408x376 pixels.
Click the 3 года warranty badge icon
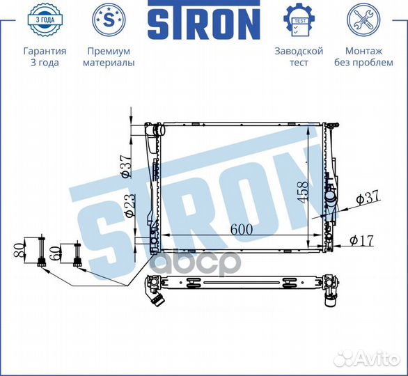[45, 19]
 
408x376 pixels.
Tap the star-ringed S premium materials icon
[109, 19]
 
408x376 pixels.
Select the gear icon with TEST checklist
[299, 19]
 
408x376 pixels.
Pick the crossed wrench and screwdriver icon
[363, 19]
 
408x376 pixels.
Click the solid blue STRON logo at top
[204, 19]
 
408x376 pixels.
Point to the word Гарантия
[45, 51]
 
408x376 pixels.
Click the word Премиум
[109, 51]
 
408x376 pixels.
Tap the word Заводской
[299, 51]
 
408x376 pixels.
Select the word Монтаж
[363, 51]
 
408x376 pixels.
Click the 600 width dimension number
[242, 229]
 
